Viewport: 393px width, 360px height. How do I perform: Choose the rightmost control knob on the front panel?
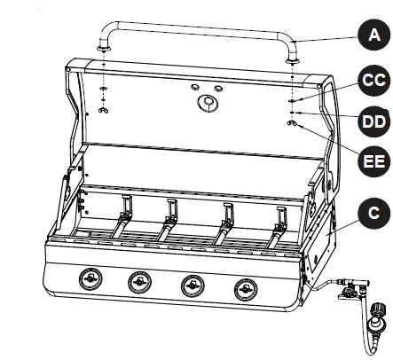[x=245, y=288]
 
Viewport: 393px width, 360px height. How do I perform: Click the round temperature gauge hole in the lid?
[x=207, y=104]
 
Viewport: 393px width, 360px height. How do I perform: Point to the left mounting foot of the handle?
[x=105, y=53]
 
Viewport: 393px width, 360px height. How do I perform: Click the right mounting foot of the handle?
[x=293, y=57]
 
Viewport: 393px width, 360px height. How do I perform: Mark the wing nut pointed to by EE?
[x=292, y=125]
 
